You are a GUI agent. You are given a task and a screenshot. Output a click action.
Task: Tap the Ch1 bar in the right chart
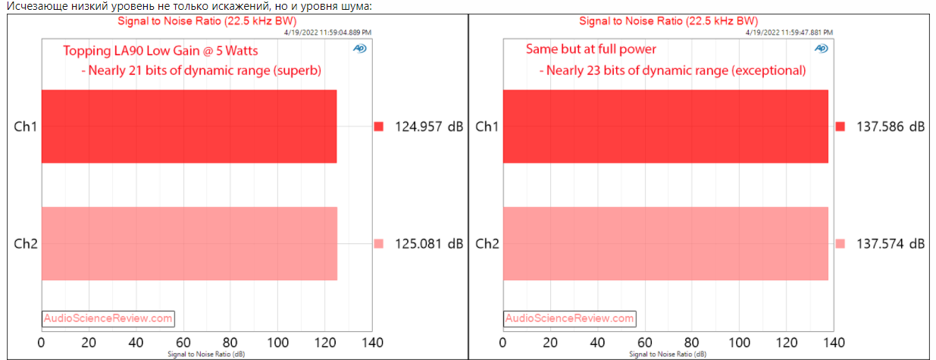click(665, 127)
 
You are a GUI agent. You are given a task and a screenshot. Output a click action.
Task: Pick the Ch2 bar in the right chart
click(665, 243)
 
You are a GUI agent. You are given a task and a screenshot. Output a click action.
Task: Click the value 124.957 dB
click(428, 127)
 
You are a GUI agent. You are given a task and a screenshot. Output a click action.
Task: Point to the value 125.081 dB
click(428, 243)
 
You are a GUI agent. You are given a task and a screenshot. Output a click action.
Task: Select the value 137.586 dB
click(890, 127)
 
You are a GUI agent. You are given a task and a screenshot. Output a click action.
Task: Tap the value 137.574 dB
click(890, 243)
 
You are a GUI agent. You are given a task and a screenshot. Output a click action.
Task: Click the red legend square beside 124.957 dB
click(379, 127)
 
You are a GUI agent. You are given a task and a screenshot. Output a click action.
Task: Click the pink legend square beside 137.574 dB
click(840, 243)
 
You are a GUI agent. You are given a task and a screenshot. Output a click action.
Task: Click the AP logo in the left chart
click(359, 49)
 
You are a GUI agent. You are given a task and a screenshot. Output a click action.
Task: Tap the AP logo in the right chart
click(821, 49)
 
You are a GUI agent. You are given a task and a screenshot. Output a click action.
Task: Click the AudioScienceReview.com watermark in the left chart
click(108, 318)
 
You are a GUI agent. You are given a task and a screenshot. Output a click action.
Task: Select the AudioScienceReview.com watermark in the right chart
click(569, 318)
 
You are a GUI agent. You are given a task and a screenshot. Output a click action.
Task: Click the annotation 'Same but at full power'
click(591, 49)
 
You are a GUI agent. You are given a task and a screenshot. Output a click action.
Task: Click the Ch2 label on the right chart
click(487, 243)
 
